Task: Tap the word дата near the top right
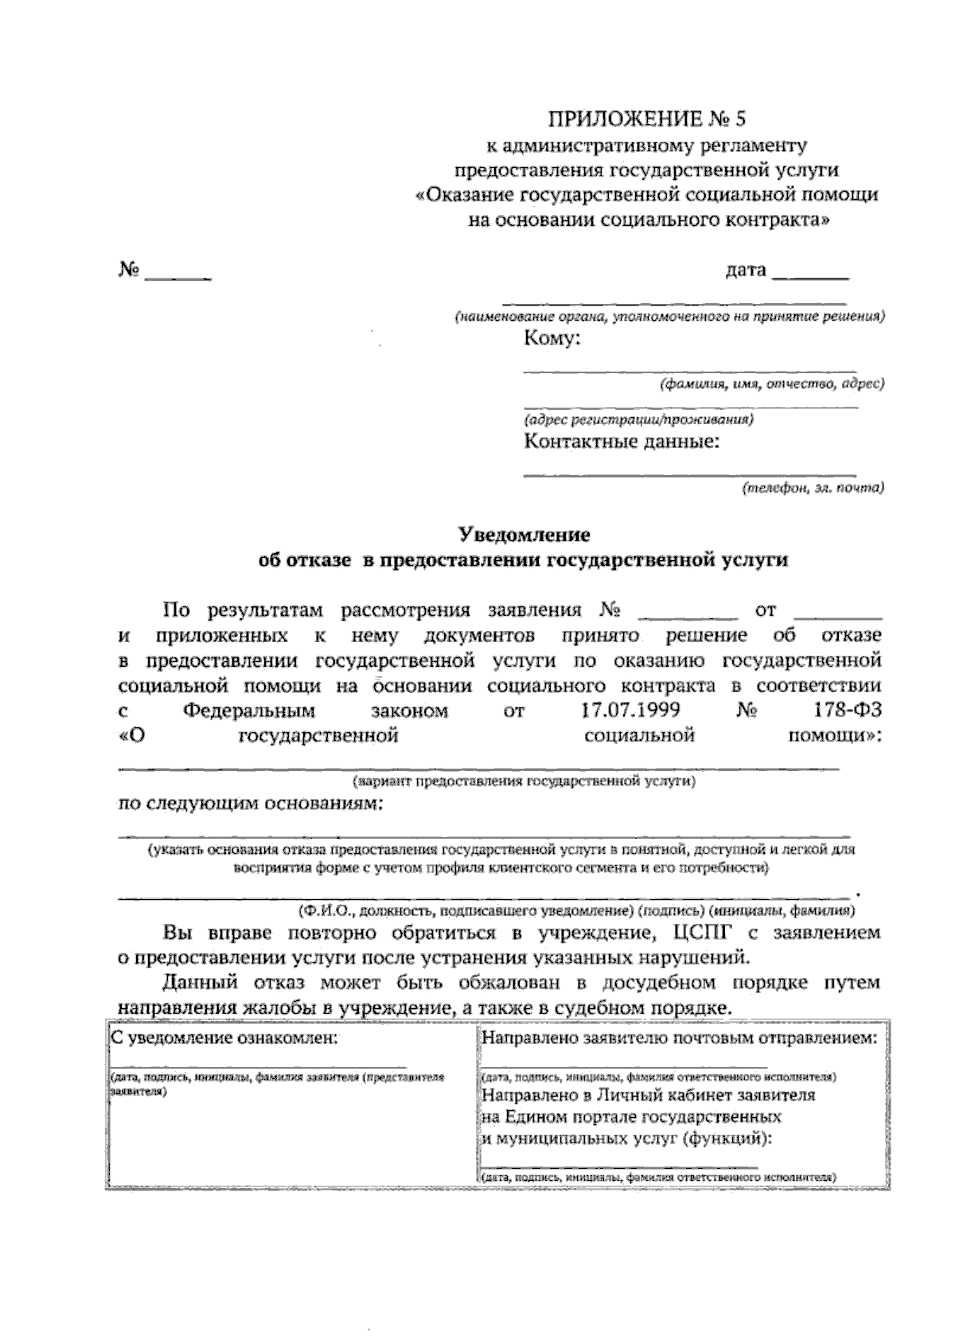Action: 746,271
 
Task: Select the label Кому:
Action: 552,340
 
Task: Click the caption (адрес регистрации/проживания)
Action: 639,419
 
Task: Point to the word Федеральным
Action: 248,710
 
